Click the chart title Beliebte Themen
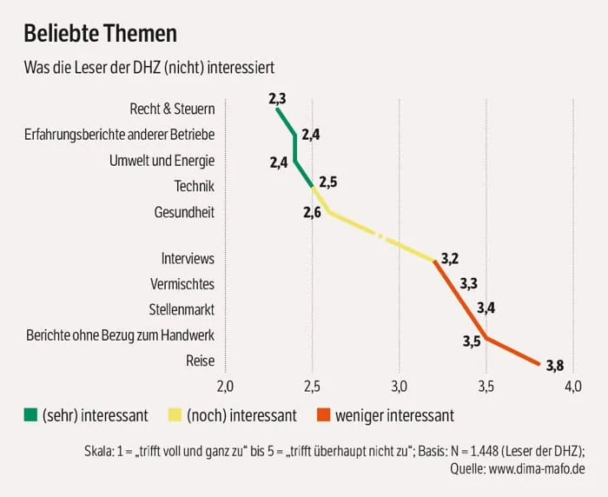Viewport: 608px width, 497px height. tap(100, 34)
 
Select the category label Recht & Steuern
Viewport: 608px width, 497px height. tap(172, 109)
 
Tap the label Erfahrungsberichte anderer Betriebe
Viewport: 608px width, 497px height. tap(120, 135)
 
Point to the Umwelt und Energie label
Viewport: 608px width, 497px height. tap(162, 161)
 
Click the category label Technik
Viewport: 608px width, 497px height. tap(194, 186)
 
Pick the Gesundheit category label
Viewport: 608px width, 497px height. tap(184, 212)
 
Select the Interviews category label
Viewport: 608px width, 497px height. tap(188, 258)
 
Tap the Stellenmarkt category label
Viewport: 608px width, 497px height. tap(182, 309)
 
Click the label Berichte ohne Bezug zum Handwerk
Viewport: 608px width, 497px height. tap(120, 335)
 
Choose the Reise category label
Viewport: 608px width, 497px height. tap(200, 361)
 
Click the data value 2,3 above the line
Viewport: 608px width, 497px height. tap(278, 97)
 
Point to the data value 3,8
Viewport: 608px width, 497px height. tap(555, 365)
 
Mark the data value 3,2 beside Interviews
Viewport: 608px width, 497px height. tap(450, 258)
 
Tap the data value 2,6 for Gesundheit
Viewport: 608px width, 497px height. tap(313, 212)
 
